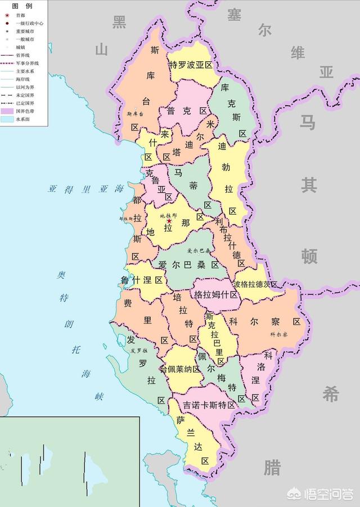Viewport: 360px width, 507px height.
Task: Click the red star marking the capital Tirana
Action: (169, 221)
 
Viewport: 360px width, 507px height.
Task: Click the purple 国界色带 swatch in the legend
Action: (7, 112)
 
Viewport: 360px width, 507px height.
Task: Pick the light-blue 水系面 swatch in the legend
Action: (7, 120)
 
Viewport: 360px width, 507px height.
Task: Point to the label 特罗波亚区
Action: (192, 65)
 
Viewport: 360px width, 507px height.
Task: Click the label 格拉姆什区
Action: (216, 295)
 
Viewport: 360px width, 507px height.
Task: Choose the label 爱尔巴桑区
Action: (188, 265)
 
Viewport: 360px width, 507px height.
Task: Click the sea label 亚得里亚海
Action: (85, 189)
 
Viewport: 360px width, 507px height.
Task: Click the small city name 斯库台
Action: (136, 114)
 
